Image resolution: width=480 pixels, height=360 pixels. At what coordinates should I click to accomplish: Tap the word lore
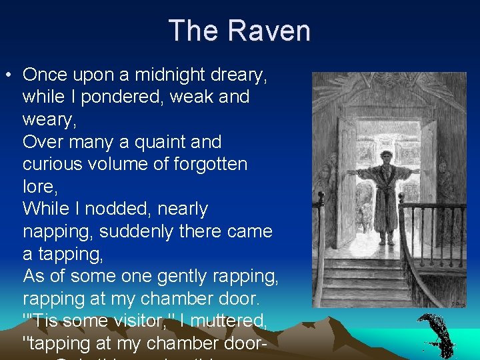pyautogui.click(x=36, y=187)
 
